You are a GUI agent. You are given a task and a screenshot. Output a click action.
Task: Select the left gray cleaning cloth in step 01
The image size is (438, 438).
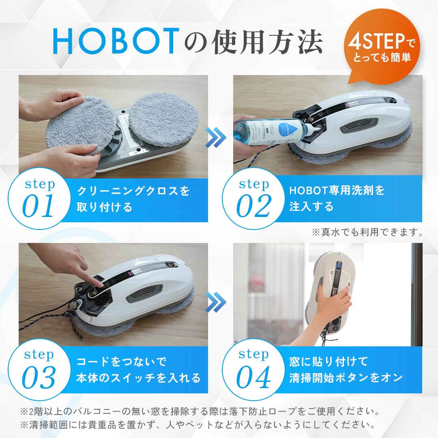(x=75, y=124)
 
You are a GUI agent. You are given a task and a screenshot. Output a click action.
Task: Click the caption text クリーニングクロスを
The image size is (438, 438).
(x=133, y=191)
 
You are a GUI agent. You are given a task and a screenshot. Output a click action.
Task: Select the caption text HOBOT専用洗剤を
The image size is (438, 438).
(x=337, y=190)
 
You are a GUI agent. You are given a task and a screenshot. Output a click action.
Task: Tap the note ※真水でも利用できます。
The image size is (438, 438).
(x=367, y=232)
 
